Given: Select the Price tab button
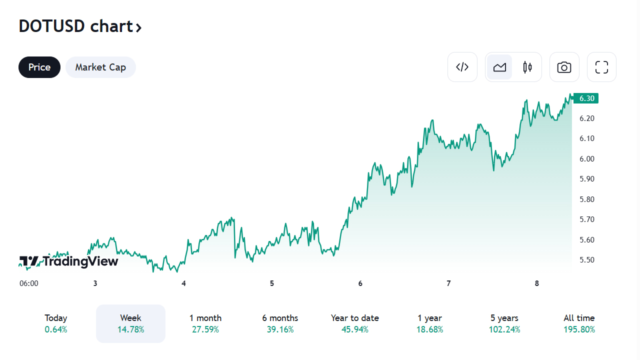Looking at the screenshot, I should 39,67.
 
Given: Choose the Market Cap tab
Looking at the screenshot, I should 100,67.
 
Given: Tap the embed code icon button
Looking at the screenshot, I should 462,67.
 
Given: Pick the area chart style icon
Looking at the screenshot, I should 499,67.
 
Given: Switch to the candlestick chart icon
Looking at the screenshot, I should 527,67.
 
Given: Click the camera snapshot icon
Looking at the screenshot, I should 564,67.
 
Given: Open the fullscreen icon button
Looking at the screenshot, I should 601,67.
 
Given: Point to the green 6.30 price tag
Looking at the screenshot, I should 586,98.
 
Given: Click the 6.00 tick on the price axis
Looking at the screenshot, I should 586,158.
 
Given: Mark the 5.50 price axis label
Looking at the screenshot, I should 586,259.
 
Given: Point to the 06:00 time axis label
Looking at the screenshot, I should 29,283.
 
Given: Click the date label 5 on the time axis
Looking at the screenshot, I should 272,283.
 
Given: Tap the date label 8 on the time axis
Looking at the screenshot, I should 537,283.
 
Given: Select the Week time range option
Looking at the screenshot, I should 130,323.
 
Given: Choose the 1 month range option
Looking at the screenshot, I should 205,323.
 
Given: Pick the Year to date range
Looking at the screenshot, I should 354,323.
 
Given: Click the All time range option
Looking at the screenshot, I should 579,323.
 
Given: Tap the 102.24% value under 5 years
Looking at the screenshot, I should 504,329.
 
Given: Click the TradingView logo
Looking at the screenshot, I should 69,261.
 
